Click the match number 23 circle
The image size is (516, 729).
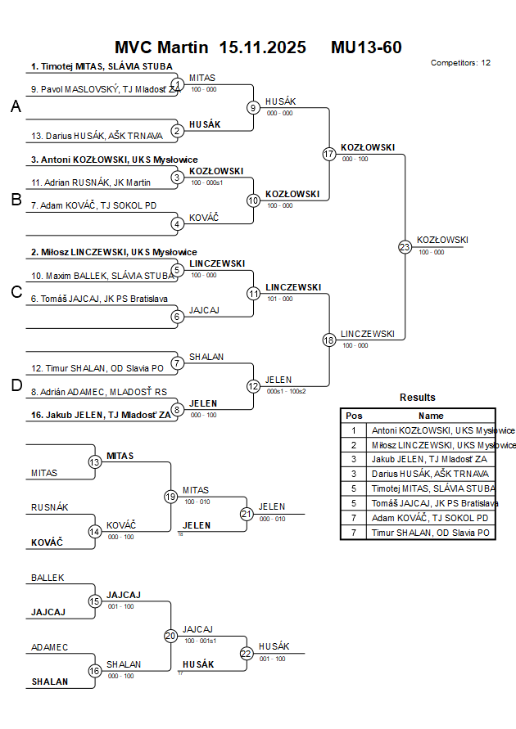coord(405,247)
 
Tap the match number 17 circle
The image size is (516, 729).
coord(329,154)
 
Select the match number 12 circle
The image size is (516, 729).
coord(254,386)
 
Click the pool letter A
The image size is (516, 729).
coord(16,107)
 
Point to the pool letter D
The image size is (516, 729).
coord(16,386)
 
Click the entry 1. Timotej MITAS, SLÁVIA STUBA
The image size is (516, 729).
coord(102,66)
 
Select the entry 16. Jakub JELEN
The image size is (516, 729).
coord(101,415)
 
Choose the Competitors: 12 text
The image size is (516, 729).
coord(460,63)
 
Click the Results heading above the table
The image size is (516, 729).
coord(418,398)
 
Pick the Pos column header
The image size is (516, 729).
coord(354,416)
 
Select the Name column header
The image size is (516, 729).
coord(431,416)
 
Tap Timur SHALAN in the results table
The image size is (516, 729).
coord(431,533)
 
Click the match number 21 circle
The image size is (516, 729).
coord(247,514)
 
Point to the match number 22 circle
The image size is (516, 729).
coord(247,653)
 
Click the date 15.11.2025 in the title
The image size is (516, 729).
coord(263,47)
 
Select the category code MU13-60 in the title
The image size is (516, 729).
coord(366,47)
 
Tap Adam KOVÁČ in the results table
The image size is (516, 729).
coord(431,518)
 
